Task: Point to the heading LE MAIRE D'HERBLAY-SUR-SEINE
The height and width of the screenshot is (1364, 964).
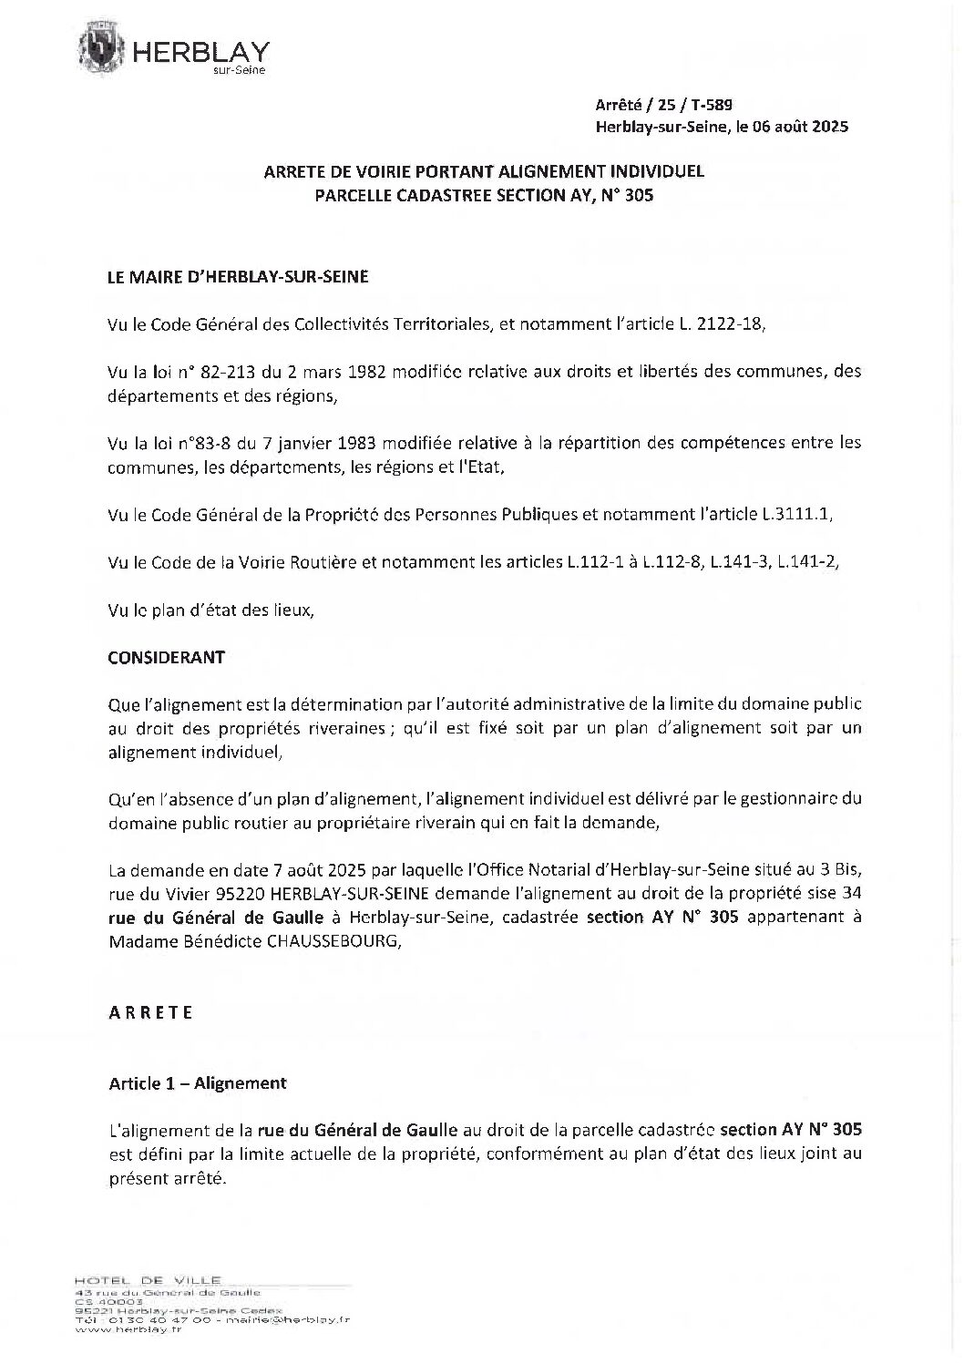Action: tap(239, 277)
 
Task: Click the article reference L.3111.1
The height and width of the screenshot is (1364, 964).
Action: tap(795, 514)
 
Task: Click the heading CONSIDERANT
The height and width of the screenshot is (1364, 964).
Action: tap(166, 657)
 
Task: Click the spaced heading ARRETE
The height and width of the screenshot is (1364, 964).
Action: tap(150, 1012)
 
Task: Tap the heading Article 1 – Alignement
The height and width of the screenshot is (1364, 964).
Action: tap(198, 1082)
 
